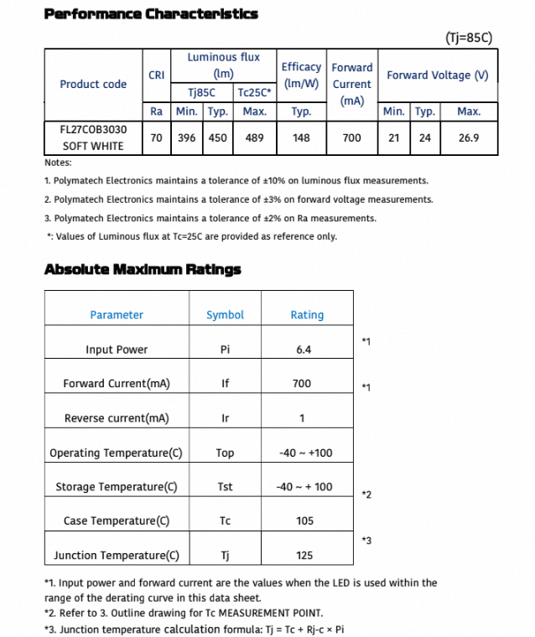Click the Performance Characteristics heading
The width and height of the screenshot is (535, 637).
[x=151, y=13]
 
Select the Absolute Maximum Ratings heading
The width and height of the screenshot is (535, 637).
[x=143, y=270]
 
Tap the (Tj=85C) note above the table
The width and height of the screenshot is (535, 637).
[x=468, y=38]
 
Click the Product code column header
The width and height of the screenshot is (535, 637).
[x=93, y=84]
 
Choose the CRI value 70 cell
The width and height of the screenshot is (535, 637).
[x=156, y=138]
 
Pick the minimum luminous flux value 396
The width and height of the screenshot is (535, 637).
[x=187, y=138]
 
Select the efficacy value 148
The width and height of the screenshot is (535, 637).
[x=301, y=138]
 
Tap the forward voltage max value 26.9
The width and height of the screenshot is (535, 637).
[x=469, y=138]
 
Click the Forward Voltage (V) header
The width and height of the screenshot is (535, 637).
[x=437, y=75]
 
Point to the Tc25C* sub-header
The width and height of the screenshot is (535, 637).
[x=254, y=93]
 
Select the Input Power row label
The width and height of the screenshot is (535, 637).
[x=117, y=350]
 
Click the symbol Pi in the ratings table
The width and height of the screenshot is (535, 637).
[x=225, y=350]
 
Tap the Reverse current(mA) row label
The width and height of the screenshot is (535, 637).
[x=117, y=418]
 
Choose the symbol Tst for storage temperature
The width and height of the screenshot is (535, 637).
[x=225, y=487]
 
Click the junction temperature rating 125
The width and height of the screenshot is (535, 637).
[x=305, y=556]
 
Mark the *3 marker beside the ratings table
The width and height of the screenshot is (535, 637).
[x=366, y=541]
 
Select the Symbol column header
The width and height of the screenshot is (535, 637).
[x=225, y=315]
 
